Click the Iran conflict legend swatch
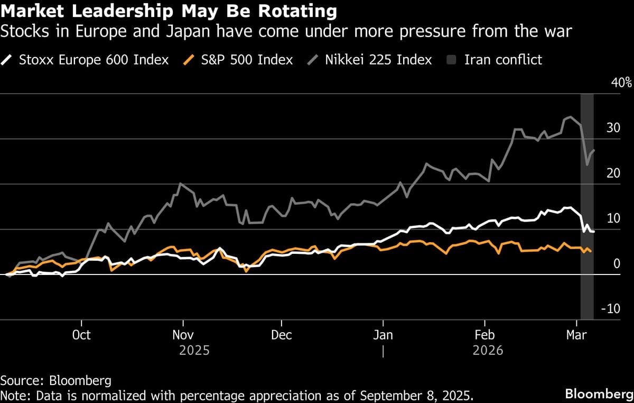(450, 60)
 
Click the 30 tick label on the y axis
(613, 129)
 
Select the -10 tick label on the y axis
(611, 309)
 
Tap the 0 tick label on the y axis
(617, 264)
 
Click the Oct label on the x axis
(81, 335)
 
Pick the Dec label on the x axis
(282, 335)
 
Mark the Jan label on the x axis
(383, 335)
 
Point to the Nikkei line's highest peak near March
(571, 117)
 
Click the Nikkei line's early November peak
(180, 184)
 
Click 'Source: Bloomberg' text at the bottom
(56, 380)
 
